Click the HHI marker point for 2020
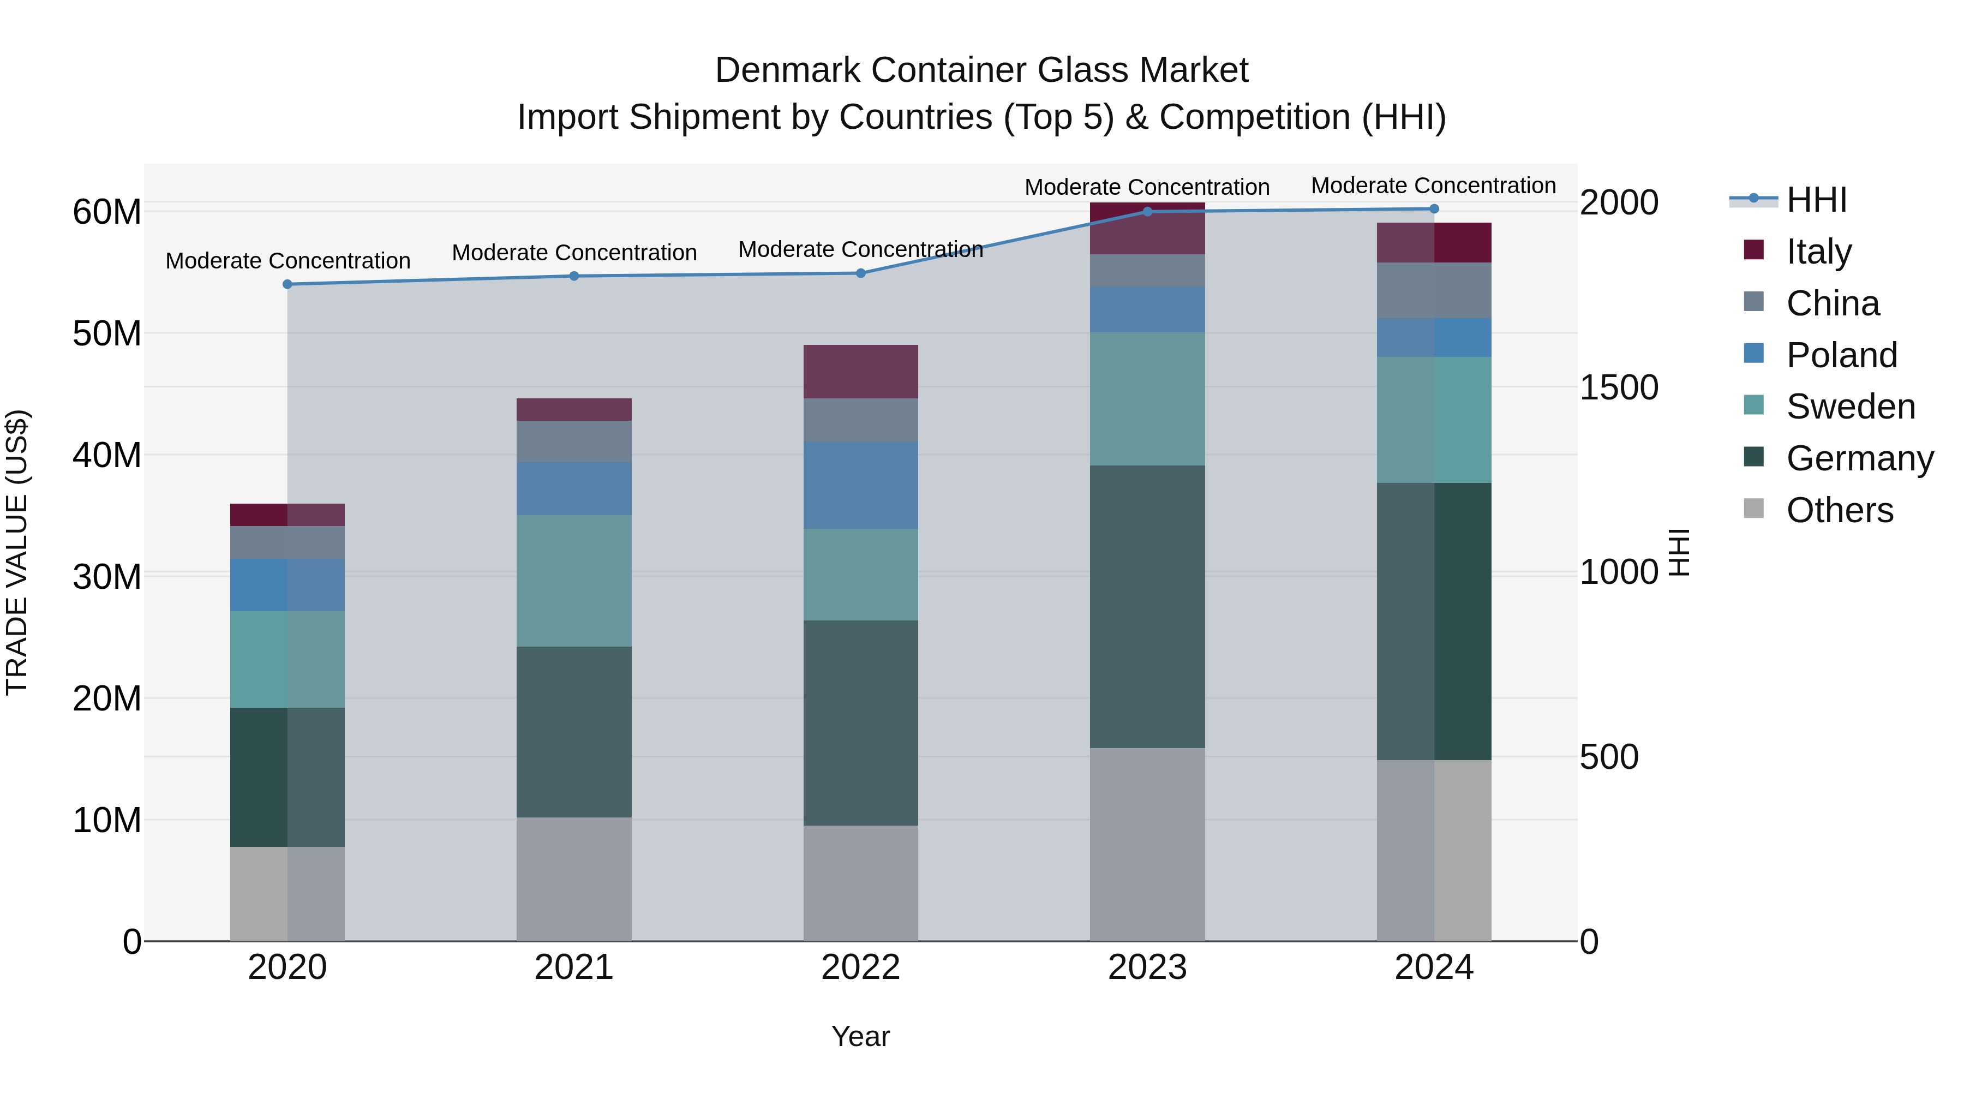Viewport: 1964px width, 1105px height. [x=288, y=284]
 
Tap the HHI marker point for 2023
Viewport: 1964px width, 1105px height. [x=1147, y=211]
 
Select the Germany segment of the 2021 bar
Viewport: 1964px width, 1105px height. [x=573, y=732]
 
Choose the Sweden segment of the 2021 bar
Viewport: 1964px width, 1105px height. [x=573, y=581]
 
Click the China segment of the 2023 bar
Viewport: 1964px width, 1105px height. [x=1147, y=270]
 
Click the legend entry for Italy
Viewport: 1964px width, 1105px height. [x=1818, y=251]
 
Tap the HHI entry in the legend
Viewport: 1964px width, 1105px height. [x=1816, y=200]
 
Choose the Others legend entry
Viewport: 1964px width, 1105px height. [x=1839, y=510]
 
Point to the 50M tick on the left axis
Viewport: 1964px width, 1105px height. [x=107, y=333]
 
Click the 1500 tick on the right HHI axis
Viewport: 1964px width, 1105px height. [x=1618, y=387]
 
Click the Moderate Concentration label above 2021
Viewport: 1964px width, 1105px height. [x=573, y=253]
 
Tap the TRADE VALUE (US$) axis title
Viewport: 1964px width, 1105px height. [x=17, y=552]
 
